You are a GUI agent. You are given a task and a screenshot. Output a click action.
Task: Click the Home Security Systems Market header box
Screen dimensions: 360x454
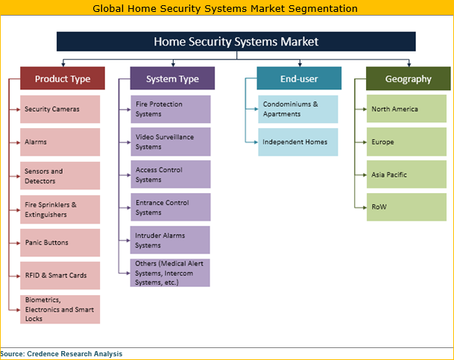(x=236, y=42)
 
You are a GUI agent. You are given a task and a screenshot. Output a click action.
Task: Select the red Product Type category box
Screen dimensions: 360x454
(x=62, y=79)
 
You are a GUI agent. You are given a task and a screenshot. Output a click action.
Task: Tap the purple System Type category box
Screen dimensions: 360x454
(x=172, y=79)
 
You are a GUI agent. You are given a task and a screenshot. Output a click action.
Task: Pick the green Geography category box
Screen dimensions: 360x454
(x=408, y=79)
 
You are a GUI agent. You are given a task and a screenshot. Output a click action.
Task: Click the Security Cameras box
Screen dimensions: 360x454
(x=60, y=110)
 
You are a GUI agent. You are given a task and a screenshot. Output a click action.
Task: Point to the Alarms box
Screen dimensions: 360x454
(x=60, y=142)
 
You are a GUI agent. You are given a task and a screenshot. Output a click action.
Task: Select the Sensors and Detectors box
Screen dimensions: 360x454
(x=60, y=175)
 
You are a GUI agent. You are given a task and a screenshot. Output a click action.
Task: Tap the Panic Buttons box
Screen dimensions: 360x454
(x=60, y=242)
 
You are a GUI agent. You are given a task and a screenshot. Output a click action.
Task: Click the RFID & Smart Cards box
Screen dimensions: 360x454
(x=60, y=275)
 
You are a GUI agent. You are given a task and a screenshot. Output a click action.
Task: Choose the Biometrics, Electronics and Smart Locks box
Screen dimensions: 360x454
(x=60, y=309)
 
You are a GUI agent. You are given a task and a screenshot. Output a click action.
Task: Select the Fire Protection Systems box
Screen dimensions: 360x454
(x=170, y=109)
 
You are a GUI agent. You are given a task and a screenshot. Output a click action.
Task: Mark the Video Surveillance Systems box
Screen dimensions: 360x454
(x=170, y=142)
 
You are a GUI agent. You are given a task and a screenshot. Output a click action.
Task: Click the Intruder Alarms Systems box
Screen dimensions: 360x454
(x=170, y=240)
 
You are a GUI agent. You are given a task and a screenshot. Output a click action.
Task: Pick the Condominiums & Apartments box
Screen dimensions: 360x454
(x=298, y=109)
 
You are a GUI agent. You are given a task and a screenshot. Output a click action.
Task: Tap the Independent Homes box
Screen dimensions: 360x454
(x=298, y=142)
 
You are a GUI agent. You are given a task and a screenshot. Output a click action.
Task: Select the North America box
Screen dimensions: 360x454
(x=406, y=109)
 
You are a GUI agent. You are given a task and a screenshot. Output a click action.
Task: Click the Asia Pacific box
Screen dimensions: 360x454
(x=406, y=174)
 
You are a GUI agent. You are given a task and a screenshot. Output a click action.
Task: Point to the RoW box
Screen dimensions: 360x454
(x=406, y=206)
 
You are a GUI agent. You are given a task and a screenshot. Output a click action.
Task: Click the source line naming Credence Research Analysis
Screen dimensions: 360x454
(x=62, y=354)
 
